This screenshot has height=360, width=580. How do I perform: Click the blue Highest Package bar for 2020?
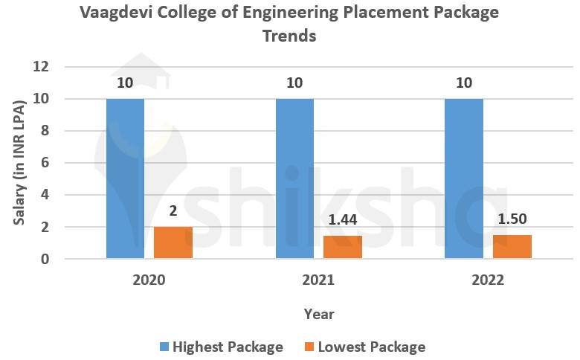point(125,179)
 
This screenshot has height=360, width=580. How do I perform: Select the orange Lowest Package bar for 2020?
point(173,242)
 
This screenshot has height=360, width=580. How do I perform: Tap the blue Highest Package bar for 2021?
point(294,179)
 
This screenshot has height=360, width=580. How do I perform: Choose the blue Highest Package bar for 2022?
point(464,179)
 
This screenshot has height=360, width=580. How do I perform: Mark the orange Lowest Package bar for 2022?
point(512,246)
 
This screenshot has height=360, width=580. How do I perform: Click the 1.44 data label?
point(343,220)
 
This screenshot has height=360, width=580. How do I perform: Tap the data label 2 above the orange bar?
point(173,211)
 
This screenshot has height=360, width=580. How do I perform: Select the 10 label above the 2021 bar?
point(294,83)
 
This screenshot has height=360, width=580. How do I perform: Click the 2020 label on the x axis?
point(149,280)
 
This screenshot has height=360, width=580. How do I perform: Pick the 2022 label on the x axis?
point(488,280)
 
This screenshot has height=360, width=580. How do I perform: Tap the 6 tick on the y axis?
point(45,163)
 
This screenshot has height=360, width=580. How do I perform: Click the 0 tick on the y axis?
point(45,259)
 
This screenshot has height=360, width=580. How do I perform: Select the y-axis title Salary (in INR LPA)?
point(20,163)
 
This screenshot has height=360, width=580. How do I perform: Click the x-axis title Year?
point(319,314)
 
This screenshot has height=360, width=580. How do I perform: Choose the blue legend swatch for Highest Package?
point(164,347)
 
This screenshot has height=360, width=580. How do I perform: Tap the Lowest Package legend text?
point(371,347)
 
